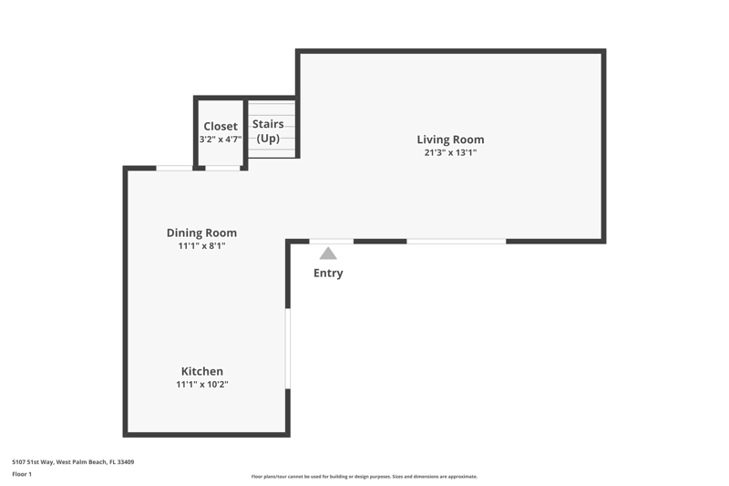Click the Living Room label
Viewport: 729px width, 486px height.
450,140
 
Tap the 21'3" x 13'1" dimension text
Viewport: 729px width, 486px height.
450,152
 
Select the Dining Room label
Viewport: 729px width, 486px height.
201,233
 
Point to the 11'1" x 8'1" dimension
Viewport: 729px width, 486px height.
201,245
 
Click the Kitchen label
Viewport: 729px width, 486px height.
201,371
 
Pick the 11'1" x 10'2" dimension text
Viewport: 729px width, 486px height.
201,384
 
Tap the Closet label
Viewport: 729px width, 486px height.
221,126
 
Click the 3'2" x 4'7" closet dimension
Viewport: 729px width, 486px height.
221,140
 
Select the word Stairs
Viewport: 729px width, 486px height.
268,124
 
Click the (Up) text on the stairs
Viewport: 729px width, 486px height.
268,138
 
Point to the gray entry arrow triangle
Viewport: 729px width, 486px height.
328,253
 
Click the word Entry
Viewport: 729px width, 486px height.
328,273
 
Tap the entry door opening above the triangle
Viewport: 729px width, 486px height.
332,242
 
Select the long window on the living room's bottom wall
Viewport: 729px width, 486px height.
457,242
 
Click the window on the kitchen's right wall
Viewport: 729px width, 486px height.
288,348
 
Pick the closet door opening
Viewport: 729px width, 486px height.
222,168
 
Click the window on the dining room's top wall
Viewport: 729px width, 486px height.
174,168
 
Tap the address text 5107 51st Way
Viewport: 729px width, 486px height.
33,461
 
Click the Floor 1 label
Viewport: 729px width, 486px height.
22,474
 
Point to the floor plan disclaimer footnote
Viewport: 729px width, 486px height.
364,477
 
